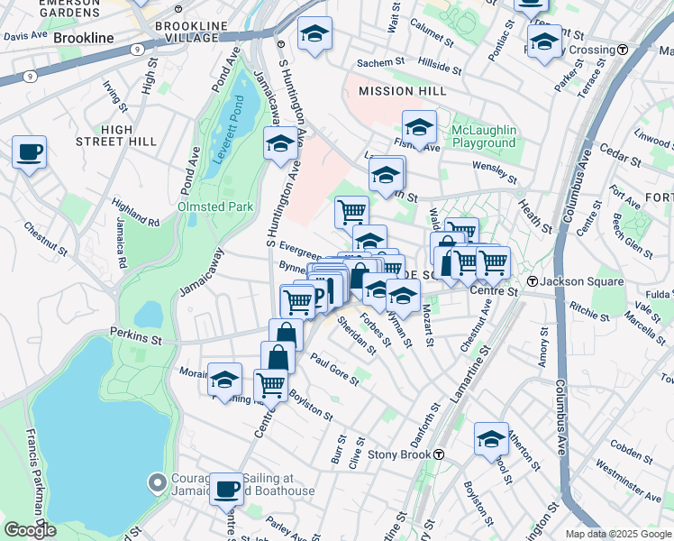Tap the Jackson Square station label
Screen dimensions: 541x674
tap(582, 281)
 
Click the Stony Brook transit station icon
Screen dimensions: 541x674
tap(438, 454)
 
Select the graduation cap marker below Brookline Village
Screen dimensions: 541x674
tap(314, 34)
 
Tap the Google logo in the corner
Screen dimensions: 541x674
tap(30, 530)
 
